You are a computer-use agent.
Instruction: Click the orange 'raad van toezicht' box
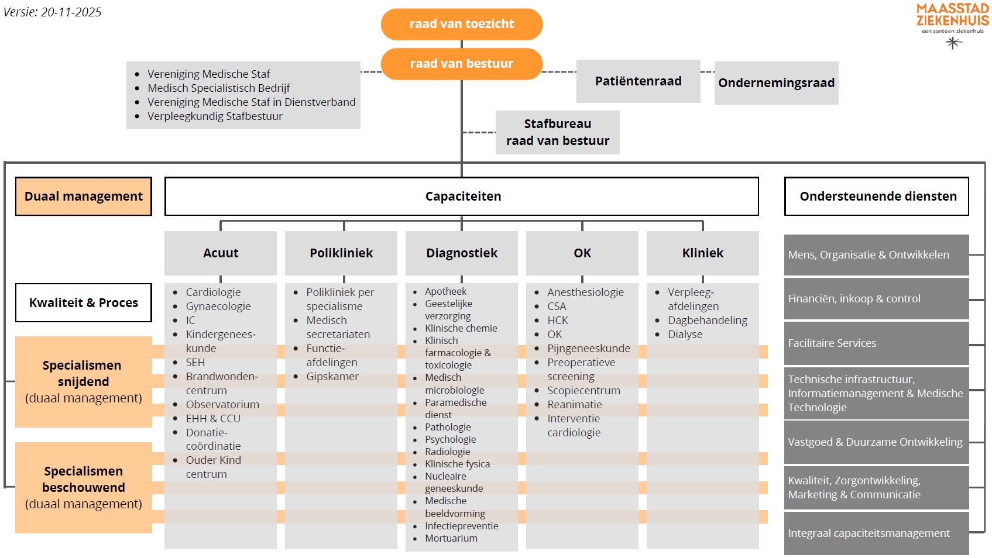coord(461,24)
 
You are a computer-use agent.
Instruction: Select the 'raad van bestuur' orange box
coord(461,64)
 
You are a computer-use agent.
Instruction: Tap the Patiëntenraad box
coord(638,81)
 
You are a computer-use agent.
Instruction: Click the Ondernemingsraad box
coord(776,83)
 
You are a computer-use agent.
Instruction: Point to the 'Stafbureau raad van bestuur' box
coord(557,132)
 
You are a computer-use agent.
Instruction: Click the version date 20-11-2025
coord(71,12)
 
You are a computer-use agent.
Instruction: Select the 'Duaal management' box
coord(84,197)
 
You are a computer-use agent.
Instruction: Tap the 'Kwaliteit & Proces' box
coord(84,302)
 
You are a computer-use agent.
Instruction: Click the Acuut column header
coord(221,253)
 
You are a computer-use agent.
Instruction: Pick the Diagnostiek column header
coord(462,253)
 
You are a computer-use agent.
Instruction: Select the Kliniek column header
coord(702,253)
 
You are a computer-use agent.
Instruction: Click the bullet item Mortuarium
coord(451,538)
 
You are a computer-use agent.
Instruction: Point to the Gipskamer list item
coord(332,376)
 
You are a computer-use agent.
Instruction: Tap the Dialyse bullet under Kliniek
coord(685,334)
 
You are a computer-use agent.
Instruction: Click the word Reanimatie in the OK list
coord(574,404)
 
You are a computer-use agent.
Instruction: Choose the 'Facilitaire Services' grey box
coord(832,343)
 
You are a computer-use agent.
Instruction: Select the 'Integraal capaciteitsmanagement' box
coord(869,533)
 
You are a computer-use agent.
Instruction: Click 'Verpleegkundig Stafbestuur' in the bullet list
coord(215,116)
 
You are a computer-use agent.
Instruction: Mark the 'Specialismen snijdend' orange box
coord(84,381)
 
